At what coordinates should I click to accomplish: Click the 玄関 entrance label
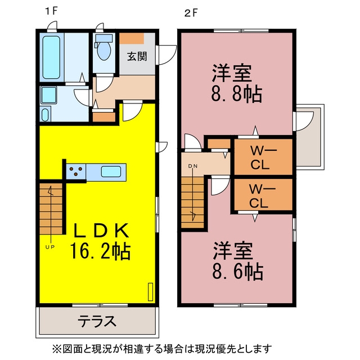click(137, 56)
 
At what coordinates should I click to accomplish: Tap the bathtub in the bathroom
click(51, 57)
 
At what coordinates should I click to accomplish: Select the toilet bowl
click(103, 50)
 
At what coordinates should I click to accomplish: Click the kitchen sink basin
click(111, 172)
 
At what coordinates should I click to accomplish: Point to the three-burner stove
click(76, 171)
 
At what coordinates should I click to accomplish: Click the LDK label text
click(101, 231)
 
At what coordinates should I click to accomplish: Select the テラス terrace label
click(97, 321)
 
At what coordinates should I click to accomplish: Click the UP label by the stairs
click(50, 247)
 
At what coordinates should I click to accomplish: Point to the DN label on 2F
click(193, 166)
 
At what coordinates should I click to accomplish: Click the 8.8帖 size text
click(237, 93)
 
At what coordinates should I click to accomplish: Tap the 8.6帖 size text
click(237, 272)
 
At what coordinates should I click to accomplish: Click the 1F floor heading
click(51, 11)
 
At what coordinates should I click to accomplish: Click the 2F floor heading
click(191, 13)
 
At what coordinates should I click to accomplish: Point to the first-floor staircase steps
click(51, 209)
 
